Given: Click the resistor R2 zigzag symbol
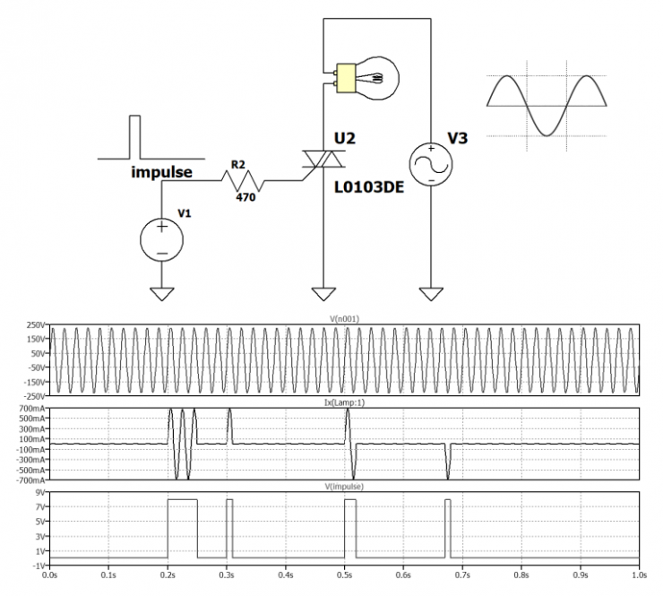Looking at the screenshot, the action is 242,181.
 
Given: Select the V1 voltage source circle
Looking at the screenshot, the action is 162,240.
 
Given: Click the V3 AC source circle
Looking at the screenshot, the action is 431,165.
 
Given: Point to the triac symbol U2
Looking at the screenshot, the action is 323,159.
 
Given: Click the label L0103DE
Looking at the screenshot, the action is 369,187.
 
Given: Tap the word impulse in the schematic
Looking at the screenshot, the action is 161,172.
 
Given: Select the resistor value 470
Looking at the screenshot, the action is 245,197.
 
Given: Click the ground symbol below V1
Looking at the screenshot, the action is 162,294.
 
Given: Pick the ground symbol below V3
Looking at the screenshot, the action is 431,294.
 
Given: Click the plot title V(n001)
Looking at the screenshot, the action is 344,319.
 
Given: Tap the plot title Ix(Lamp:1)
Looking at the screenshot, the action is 344,402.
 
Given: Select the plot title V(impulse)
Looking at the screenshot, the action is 344,487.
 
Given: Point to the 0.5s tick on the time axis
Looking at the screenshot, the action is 345,575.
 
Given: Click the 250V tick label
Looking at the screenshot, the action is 36,324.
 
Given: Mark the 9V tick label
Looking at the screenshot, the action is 40,492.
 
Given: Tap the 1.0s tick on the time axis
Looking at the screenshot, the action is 640,575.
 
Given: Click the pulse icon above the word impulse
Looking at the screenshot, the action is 151,137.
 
